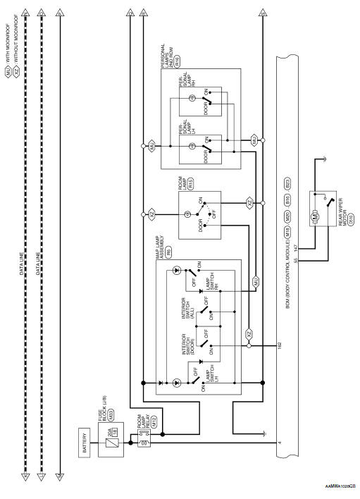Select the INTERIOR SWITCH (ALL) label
[x=190, y=306]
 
